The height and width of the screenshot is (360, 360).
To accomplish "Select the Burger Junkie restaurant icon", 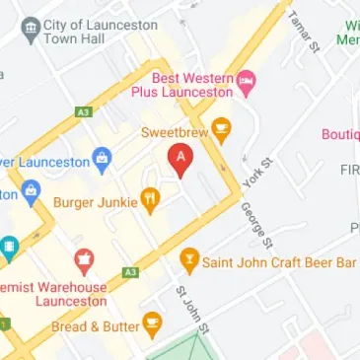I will [x=150, y=200].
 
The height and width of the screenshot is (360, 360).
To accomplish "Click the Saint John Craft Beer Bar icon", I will [x=187, y=262].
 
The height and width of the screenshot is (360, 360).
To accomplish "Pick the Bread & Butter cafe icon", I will [x=152, y=324].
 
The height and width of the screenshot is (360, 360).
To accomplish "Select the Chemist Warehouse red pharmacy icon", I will [x=84, y=262].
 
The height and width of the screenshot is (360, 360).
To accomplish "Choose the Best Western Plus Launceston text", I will [x=189, y=83].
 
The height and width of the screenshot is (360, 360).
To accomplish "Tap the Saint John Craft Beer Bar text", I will [x=279, y=262].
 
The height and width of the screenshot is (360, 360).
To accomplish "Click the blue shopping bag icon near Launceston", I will [x=101, y=157].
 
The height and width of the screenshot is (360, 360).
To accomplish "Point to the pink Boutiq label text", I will [x=340, y=134].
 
